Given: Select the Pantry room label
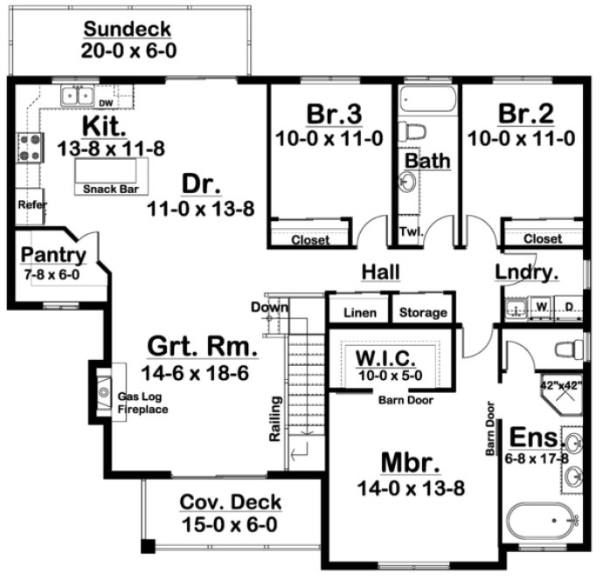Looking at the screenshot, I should point(53,255).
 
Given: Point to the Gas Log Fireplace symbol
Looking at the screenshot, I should point(102,389).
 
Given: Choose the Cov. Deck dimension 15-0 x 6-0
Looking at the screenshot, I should point(231,525).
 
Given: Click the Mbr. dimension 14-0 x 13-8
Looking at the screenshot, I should point(411,487).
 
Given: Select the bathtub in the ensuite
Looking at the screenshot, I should point(542,523).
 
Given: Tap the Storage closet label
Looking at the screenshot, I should point(423,313).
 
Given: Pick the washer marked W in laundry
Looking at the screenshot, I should point(542,307).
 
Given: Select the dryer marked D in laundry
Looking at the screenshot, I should point(568,307).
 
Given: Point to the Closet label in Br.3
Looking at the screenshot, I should point(310,239).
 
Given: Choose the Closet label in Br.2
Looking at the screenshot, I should point(542,238).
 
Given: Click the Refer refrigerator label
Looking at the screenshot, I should point(31,205).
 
